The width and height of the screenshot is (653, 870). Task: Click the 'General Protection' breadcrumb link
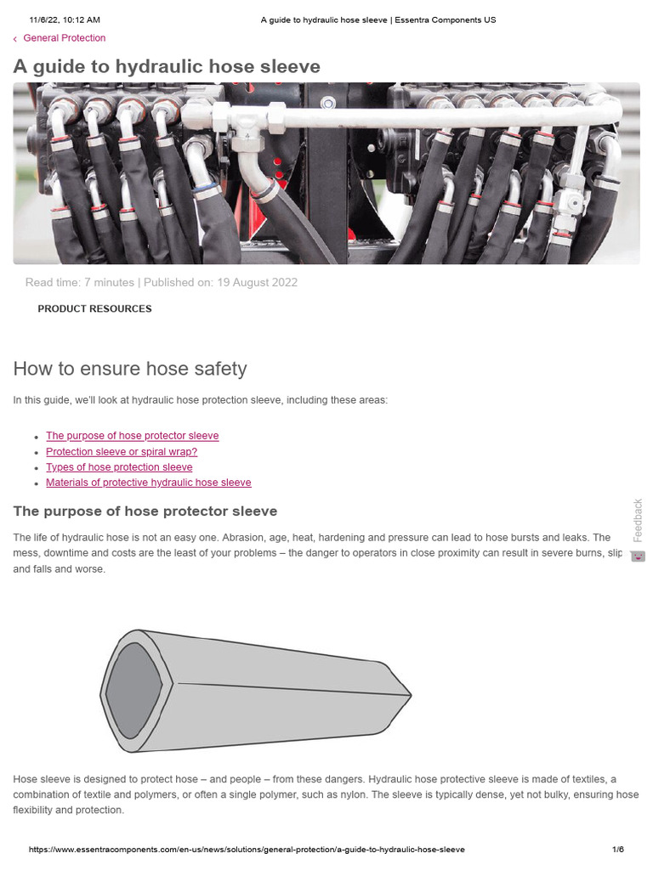(x=64, y=38)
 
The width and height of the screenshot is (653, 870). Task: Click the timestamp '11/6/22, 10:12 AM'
(x=65, y=20)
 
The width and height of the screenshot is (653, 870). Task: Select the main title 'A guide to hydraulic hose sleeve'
(x=167, y=67)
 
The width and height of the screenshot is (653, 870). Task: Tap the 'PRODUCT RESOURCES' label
(x=94, y=309)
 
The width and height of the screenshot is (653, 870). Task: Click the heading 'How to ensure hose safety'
(x=130, y=369)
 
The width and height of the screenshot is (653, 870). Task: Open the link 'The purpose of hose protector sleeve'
(x=132, y=436)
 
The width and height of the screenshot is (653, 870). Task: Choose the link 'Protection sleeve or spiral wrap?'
(x=122, y=452)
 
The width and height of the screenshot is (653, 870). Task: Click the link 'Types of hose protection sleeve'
(x=119, y=467)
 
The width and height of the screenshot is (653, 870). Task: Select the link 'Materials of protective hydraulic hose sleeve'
(x=149, y=483)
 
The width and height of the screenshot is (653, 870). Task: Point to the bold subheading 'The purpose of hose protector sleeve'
(x=145, y=511)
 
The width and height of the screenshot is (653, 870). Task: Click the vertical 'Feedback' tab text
(x=638, y=520)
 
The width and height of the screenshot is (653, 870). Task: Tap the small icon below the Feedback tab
(x=638, y=556)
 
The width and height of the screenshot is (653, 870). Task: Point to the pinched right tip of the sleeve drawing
(x=409, y=696)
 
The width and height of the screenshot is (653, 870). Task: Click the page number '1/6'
(x=618, y=850)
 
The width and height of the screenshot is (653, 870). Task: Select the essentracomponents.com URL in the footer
(x=247, y=850)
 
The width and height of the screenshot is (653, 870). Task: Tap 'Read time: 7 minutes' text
(x=79, y=283)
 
